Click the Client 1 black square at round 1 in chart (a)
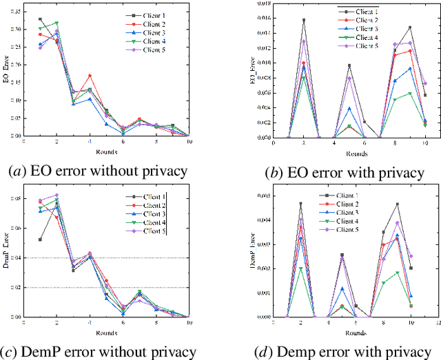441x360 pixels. pyautogui.click(x=40, y=19)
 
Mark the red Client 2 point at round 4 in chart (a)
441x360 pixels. pyautogui.click(x=90, y=76)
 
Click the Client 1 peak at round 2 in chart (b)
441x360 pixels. pyautogui.click(x=303, y=21)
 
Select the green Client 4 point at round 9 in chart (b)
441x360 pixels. pyautogui.click(x=410, y=93)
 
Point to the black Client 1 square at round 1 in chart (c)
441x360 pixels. pyautogui.click(x=40, y=240)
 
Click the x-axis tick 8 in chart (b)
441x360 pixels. pyautogui.click(x=395, y=143)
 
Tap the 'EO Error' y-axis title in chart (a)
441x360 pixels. pyautogui.click(x=6, y=72)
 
